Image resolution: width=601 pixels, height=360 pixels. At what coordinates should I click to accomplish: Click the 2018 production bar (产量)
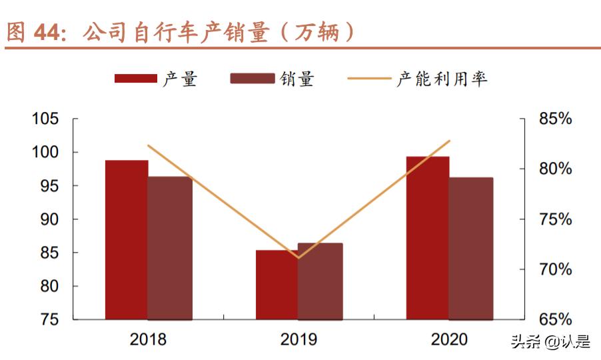pyautogui.click(x=127, y=240)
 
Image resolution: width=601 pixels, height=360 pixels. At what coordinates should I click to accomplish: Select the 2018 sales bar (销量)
pyautogui.click(x=170, y=248)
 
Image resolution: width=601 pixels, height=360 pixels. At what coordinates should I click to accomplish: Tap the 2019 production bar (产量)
pyautogui.click(x=277, y=285)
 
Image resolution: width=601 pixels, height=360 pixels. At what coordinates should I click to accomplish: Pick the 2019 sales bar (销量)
pyautogui.click(x=320, y=281)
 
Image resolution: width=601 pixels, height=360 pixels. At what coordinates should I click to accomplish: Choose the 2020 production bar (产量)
pyautogui.click(x=428, y=238)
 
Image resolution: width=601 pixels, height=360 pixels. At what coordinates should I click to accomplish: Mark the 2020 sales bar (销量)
pyautogui.click(x=471, y=248)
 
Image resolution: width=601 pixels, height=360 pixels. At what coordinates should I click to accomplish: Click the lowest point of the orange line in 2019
pyautogui.click(x=298, y=257)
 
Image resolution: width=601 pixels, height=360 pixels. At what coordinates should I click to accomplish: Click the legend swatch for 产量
pyautogui.click(x=135, y=79)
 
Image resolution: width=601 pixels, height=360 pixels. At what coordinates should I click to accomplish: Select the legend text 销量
pyautogui.click(x=297, y=79)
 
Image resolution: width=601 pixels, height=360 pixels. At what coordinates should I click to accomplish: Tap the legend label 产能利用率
pyautogui.click(x=442, y=79)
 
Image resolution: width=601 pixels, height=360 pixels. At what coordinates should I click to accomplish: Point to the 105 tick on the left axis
pyautogui.click(x=46, y=119)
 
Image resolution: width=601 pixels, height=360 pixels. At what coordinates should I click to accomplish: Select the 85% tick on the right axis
pyautogui.click(x=555, y=119)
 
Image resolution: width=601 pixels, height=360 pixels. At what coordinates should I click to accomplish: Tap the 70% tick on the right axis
pyautogui.click(x=555, y=270)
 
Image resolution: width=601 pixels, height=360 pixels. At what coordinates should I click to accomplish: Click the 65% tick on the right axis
pyautogui.click(x=555, y=320)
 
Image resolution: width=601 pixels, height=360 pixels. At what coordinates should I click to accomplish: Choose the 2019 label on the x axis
pyautogui.click(x=299, y=339)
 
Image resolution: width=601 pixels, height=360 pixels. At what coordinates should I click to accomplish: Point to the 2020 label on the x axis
pyautogui.click(x=449, y=339)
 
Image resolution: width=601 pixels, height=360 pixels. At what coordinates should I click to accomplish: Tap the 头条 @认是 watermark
pyautogui.click(x=550, y=343)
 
